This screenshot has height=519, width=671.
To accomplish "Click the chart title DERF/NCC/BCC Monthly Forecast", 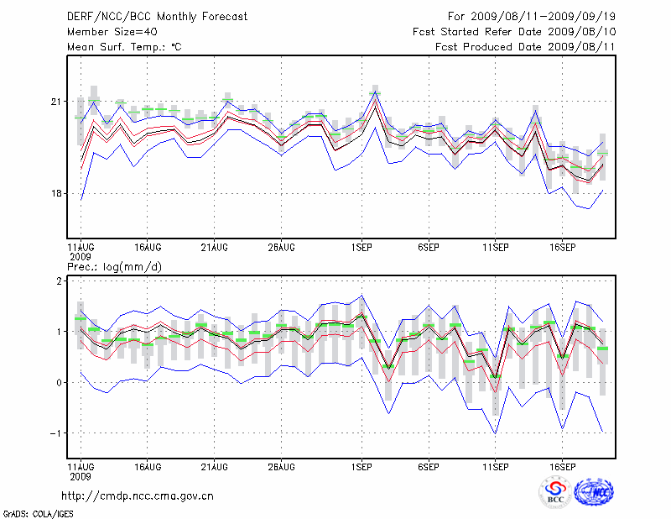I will click(157, 17).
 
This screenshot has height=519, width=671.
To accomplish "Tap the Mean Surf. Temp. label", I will click(124, 47).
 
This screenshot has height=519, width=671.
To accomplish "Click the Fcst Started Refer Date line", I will click(514, 32).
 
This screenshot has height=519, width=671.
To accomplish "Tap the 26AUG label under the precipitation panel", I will click(281, 465).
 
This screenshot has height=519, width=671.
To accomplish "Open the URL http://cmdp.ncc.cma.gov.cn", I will click(138, 495).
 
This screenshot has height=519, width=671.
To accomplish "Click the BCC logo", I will click(555, 492).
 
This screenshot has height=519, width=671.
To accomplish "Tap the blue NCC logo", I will click(593, 492).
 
